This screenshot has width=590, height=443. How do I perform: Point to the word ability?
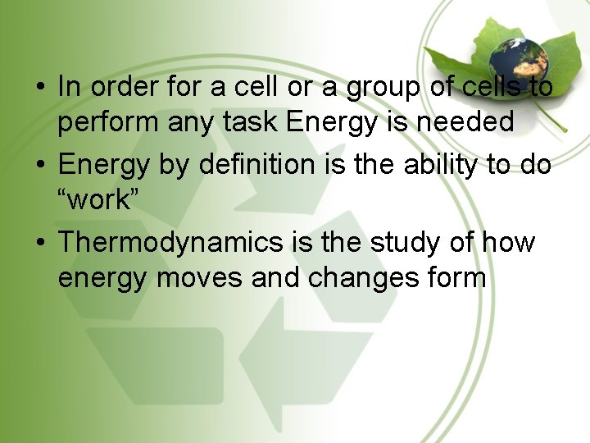pyautogui.click(x=442, y=165)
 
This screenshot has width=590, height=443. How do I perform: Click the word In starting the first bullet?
pyautogui.click(x=69, y=86)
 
